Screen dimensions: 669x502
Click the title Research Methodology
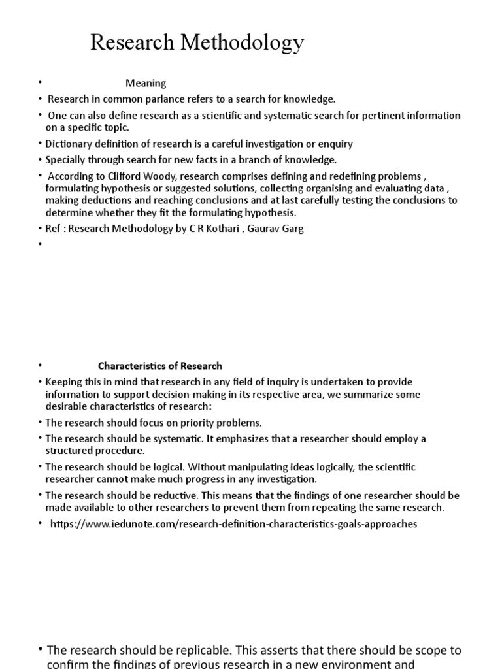point(197,43)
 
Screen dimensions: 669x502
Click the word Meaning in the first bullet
point(146,83)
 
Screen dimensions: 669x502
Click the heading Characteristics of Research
point(160,366)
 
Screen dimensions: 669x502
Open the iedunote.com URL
point(233,524)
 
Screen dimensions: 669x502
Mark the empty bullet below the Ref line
point(39,244)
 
